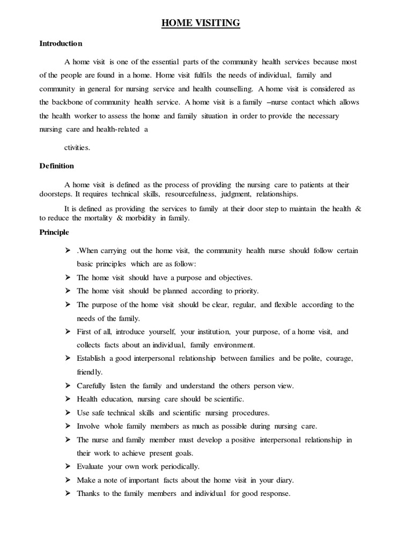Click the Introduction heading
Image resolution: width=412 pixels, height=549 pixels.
61,43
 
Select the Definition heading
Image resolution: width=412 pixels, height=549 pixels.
56,166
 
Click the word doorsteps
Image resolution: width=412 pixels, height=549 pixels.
56,194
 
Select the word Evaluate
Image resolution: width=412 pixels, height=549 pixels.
90,466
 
